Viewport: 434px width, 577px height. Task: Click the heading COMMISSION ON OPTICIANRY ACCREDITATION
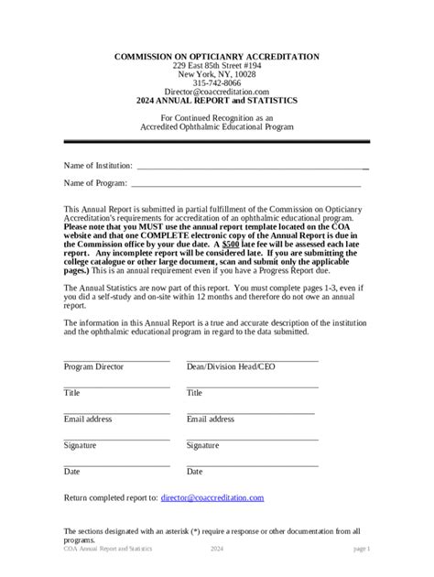tap(216, 57)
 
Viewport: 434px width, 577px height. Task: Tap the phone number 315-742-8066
tap(216, 83)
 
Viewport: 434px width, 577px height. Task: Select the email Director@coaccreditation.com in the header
tap(216, 93)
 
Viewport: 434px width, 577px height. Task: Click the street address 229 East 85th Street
tap(216, 66)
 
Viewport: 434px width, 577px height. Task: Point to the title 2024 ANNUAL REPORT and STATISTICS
tap(216, 102)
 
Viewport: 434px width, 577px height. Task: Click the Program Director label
tap(93, 366)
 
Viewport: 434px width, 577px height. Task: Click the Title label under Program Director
tap(71, 393)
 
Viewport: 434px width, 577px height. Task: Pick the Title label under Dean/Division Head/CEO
tap(194, 393)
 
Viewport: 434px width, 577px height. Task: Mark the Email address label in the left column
tap(88, 419)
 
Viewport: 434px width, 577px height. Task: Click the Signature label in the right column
tap(203, 446)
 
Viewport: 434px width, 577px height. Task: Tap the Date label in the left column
tap(71, 473)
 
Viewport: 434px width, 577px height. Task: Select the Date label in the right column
tap(194, 473)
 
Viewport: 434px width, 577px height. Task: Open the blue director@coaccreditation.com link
tap(212, 497)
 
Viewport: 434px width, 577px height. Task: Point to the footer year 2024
tap(217, 549)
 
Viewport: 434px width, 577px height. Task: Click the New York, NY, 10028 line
tap(216, 75)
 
